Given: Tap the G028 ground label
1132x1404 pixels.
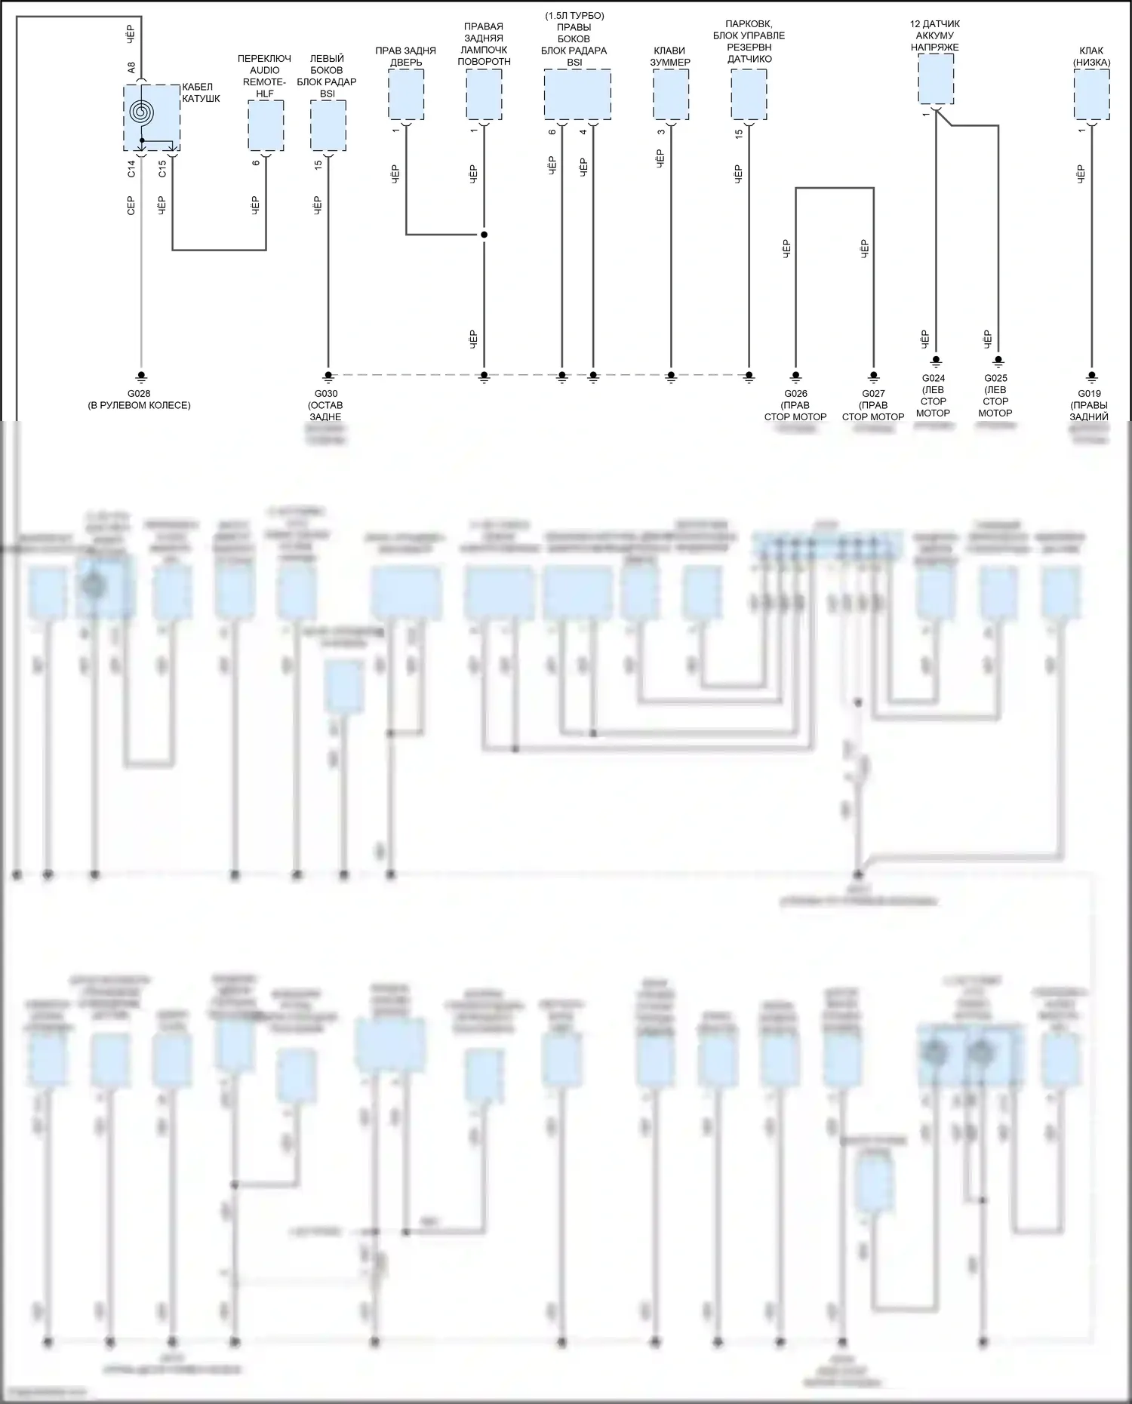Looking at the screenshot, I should tap(139, 394).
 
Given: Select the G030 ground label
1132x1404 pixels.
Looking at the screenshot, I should tap(326, 394).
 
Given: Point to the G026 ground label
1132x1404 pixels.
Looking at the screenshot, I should tap(795, 394).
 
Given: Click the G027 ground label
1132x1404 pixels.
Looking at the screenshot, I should tap(873, 394).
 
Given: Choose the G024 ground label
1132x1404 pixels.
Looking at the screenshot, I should tap(934, 379).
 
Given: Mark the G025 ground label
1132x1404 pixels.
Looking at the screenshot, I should tap(996, 379).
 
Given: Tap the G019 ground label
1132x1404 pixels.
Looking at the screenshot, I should tap(1089, 394).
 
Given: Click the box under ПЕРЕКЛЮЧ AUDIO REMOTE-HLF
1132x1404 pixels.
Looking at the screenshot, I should tap(266, 125).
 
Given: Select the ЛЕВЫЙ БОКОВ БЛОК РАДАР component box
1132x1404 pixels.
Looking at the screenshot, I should tap(328, 125).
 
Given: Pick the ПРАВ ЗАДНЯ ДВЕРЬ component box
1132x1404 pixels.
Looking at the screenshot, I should tap(406, 94).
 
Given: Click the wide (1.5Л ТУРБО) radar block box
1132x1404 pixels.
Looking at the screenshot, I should tap(577, 94).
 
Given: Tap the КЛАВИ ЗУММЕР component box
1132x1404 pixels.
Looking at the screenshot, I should tap(671, 94).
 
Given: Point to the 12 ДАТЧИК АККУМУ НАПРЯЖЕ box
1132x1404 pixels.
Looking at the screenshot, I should tap(936, 78).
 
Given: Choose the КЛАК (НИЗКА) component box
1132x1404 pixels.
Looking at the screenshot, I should tap(1091, 94).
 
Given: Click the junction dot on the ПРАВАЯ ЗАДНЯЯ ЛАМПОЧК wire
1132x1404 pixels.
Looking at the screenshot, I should tap(484, 235).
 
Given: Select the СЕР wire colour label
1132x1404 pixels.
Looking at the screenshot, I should tap(131, 205).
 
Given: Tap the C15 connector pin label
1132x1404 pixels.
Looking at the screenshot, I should tap(162, 169).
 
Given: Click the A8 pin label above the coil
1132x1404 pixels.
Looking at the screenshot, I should tap(131, 68).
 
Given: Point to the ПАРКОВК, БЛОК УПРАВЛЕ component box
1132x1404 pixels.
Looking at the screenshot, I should tap(749, 94).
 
